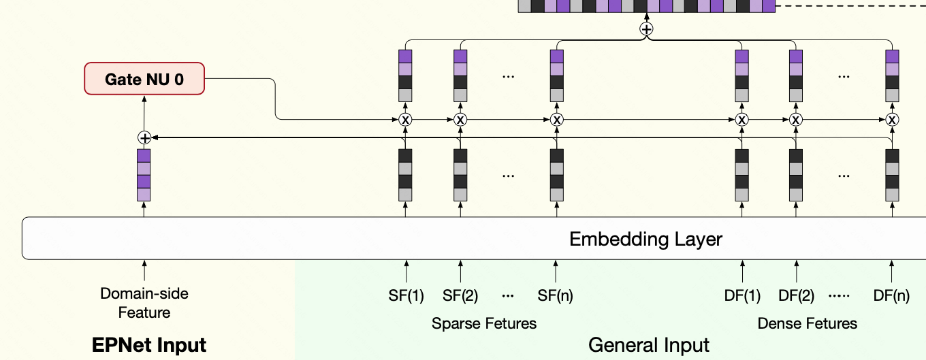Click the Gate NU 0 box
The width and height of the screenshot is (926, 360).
click(x=144, y=78)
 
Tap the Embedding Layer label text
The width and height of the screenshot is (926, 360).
click(x=645, y=240)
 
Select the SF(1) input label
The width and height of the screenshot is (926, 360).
click(x=406, y=295)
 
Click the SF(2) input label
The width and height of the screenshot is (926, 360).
click(x=460, y=295)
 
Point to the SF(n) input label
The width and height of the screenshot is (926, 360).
click(x=555, y=295)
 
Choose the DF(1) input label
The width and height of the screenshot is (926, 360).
click(x=742, y=295)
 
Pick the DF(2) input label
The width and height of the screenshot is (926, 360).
click(x=796, y=295)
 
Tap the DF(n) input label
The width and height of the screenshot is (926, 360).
click(x=891, y=295)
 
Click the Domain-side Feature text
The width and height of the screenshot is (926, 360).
click(x=144, y=303)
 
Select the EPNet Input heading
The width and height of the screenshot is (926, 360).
click(x=149, y=345)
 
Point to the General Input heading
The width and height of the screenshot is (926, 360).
click(x=649, y=345)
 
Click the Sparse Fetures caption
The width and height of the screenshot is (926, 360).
click(x=484, y=323)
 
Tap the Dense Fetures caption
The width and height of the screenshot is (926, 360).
click(x=808, y=323)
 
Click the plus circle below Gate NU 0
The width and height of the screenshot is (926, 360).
click(x=144, y=137)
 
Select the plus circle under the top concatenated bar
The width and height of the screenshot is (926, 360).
click(x=647, y=29)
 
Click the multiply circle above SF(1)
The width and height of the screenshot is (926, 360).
click(x=405, y=120)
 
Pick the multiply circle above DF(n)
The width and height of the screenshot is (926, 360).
click(x=892, y=120)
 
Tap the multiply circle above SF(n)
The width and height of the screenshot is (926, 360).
click(x=557, y=120)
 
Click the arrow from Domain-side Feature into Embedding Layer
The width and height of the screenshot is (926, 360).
click(x=144, y=270)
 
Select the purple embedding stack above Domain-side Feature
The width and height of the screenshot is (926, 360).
click(x=144, y=176)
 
